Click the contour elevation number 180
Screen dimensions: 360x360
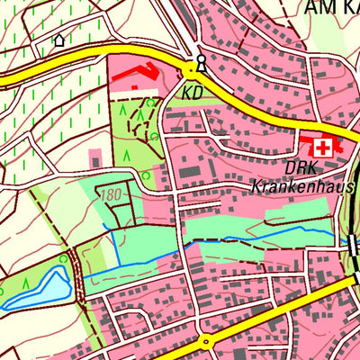(112, 194)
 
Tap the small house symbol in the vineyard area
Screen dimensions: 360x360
(59, 40)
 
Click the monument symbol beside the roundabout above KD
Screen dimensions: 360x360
(201, 61)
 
